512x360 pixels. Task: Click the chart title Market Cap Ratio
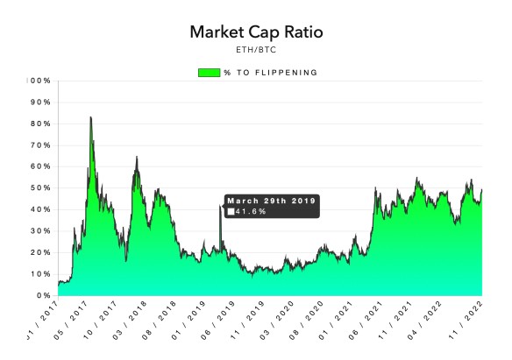[255, 32]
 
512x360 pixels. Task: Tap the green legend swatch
[215, 72]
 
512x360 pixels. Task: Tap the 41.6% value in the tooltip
[251, 211]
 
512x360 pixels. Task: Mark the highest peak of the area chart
[90, 117]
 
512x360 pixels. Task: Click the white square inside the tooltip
[231, 211]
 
